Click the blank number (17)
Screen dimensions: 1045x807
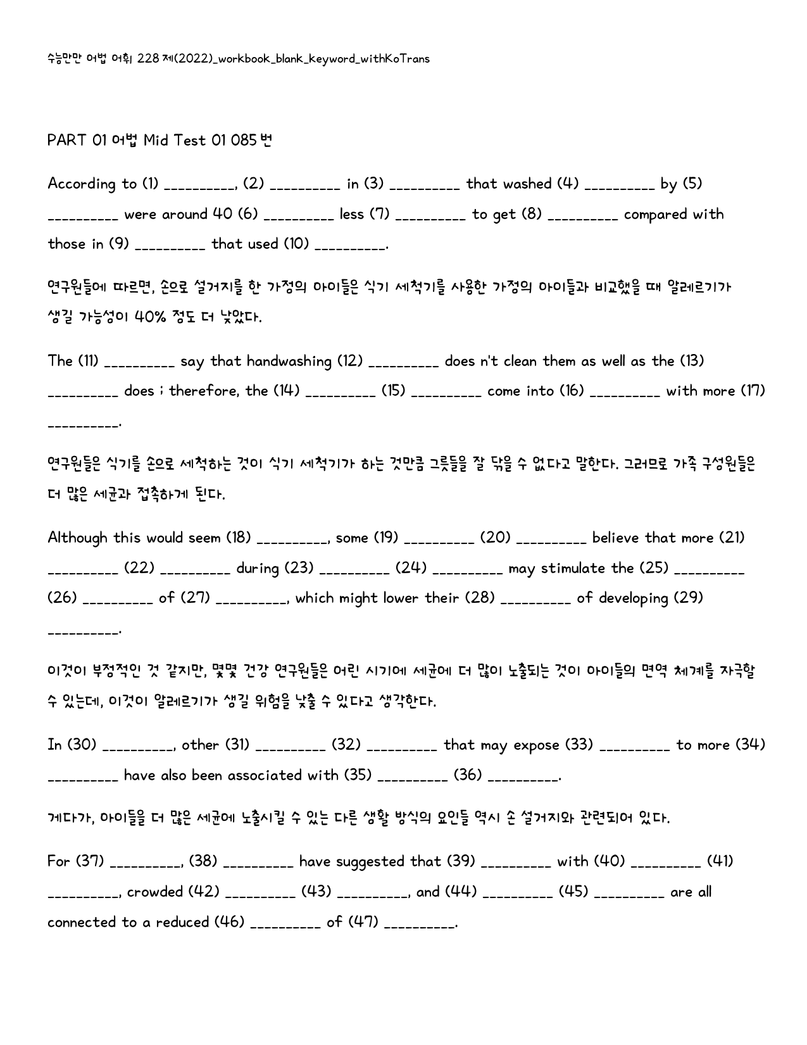pyautogui.click(x=753, y=391)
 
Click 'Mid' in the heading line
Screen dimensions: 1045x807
pyautogui.click(x=156, y=140)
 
